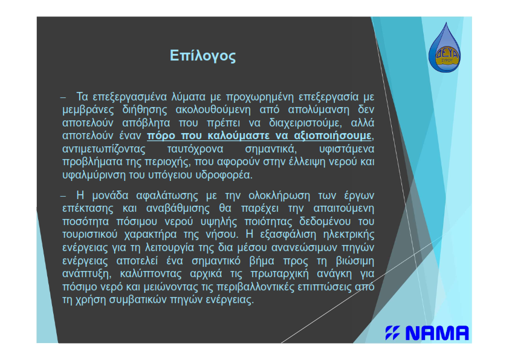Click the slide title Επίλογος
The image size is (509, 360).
tap(203, 56)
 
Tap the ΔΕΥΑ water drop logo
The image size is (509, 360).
tap(444, 48)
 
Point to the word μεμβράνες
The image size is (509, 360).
tap(88, 110)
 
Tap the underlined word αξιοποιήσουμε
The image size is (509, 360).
tap(332, 136)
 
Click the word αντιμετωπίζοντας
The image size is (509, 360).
tap(104, 149)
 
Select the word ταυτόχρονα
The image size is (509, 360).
tap(195, 149)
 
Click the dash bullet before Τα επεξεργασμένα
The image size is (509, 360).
tap(63, 97)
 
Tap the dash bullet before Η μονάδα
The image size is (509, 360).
tap(63, 196)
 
